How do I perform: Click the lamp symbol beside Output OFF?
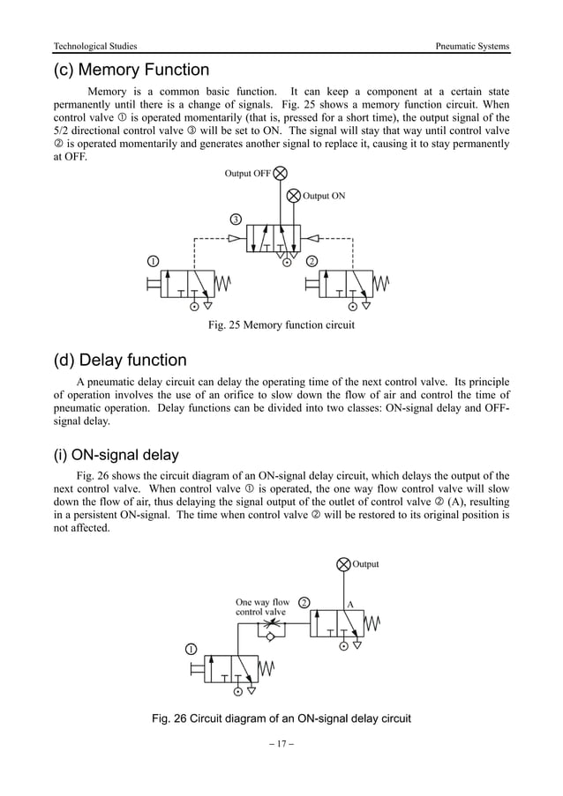click(281, 174)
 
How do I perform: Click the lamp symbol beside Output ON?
click(295, 196)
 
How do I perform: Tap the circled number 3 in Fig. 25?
click(236, 219)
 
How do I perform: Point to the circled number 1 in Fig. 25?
click(153, 262)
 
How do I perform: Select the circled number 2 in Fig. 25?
click(312, 262)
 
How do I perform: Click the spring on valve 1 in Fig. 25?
click(223, 283)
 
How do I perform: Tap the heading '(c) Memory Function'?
click(131, 70)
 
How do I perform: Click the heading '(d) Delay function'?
click(120, 360)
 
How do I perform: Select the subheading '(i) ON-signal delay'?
click(116, 455)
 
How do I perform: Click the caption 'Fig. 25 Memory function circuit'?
click(281, 326)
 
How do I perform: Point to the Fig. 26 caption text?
click(281, 718)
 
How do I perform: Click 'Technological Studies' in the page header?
click(95, 46)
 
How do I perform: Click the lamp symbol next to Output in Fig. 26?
click(343, 565)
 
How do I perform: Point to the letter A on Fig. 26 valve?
click(349, 605)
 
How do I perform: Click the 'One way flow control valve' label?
click(262, 607)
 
